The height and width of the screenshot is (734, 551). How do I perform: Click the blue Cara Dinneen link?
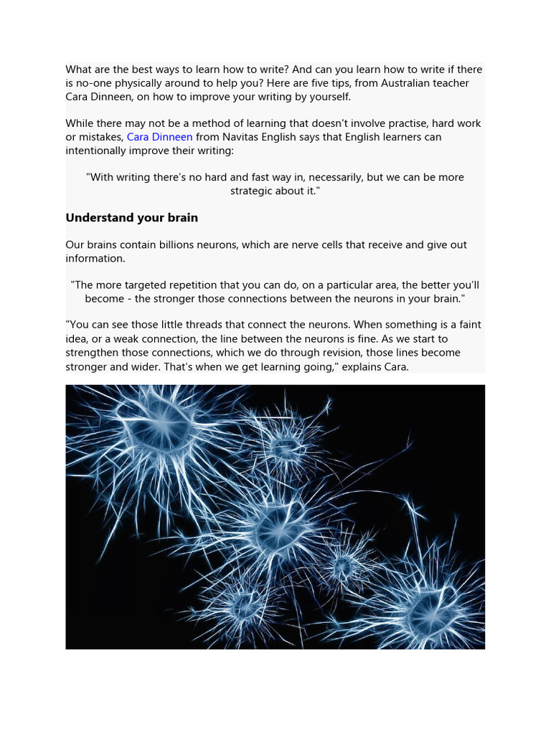point(159,137)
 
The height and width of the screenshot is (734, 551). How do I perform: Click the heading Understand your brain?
point(131,217)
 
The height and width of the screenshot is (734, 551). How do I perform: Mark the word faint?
point(468,325)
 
